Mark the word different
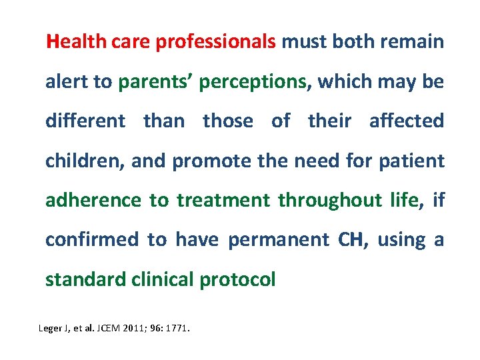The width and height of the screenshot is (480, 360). coord(85,121)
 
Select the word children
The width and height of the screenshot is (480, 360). coord(83,161)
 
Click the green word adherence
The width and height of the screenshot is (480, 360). coord(93,200)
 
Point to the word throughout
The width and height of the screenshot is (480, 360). coord(329,200)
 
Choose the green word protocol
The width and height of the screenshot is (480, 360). coord(237,279)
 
